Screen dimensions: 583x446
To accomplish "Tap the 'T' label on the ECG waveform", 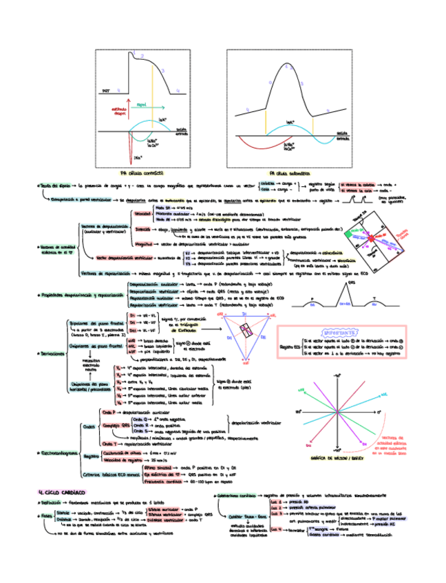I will [x=374, y=298].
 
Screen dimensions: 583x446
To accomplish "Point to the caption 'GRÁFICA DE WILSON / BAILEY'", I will [x=337, y=457].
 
